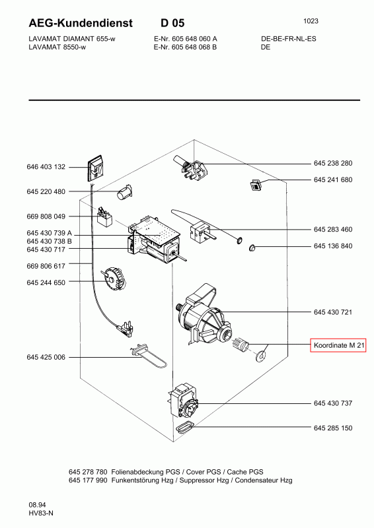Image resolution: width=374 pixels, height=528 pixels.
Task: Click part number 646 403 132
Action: (46, 167)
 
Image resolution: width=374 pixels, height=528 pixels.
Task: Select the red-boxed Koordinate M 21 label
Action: (338, 345)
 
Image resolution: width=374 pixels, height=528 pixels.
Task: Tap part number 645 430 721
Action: (333, 312)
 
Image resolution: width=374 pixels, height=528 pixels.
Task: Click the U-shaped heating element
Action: (149, 356)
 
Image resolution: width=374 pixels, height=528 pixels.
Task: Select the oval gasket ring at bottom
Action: (184, 427)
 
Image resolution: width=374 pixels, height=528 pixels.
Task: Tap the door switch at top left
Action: (96, 168)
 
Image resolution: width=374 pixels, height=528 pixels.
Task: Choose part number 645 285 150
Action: (333, 428)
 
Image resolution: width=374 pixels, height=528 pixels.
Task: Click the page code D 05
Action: (172, 23)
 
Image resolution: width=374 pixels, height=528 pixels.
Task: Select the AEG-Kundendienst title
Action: (81, 23)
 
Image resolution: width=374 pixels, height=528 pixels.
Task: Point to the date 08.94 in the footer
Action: (37, 505)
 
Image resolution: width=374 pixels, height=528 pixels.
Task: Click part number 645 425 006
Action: (46, 357)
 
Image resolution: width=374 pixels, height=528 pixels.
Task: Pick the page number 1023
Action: (311, 21)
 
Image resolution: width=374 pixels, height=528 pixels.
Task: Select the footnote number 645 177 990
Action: (88, 480)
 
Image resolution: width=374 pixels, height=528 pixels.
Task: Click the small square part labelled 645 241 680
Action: (256, 185)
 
